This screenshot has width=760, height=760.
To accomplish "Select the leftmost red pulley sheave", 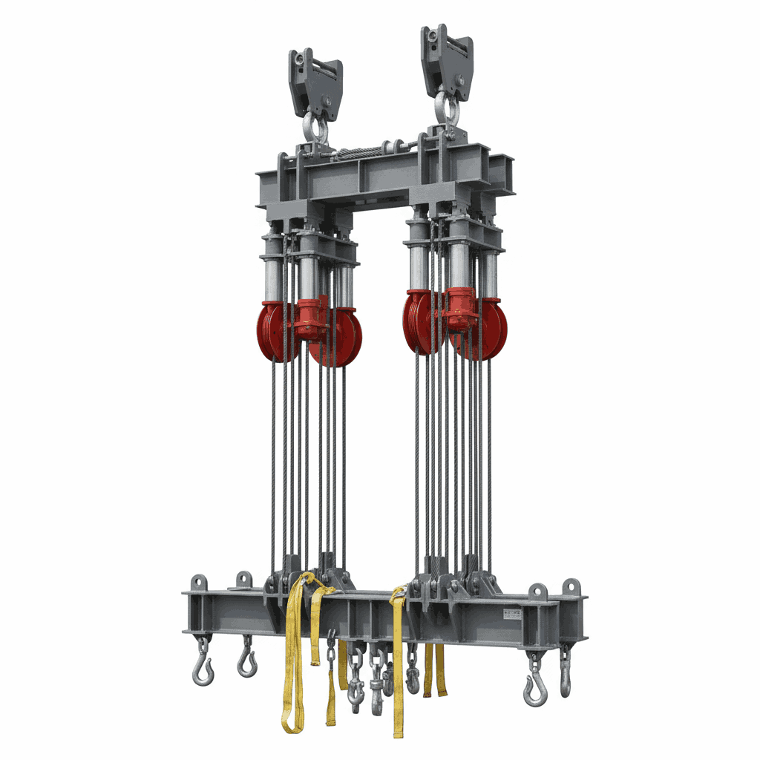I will pos(272,331).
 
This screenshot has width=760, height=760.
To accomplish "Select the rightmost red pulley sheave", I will pos(491,329).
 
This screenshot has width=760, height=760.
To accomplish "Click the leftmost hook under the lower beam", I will pos(201,668).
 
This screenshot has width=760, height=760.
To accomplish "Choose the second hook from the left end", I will pos(246,661).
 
